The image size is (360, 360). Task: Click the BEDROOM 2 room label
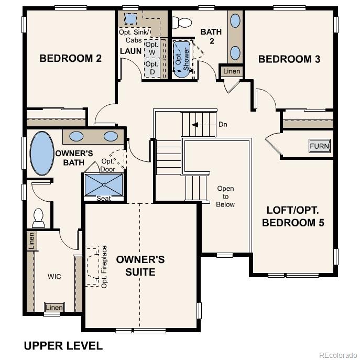[x=70, y=58]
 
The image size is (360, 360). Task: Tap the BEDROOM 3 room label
[x=289, y=59]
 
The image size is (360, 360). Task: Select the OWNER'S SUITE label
[x=140, y=266]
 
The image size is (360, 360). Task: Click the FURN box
[x=319, y=146]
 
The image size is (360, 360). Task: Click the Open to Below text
[x=225, y=196]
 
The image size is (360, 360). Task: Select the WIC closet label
[x=54, y=276]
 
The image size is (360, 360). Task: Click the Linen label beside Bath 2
[x=232, y=71]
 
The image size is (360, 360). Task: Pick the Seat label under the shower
[x=104, y=198]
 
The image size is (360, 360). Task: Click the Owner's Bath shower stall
[x=104, y=184]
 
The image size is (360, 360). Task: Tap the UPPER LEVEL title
[x=63, y=345]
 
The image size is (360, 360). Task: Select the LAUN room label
[x=130, y=51]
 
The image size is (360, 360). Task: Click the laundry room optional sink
[x=130, y=19]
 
